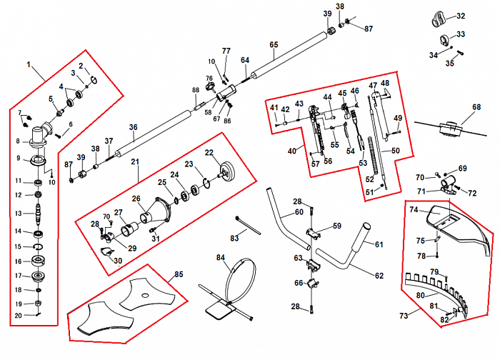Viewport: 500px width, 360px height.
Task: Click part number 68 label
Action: point(476,108)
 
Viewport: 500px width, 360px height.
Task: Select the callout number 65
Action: point(274,44)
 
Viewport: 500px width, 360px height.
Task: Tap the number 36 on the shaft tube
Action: point(133,127)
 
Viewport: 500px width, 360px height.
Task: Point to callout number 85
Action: point(179,273)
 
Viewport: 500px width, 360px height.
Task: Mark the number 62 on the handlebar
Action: point(378,275)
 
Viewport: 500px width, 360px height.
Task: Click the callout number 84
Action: point(221,258)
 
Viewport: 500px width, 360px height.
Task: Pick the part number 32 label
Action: point(460,16)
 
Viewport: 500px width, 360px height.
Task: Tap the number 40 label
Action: point(291,151)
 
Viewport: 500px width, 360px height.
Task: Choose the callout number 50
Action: point(396,151)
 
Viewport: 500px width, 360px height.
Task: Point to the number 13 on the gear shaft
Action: point(19,214)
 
